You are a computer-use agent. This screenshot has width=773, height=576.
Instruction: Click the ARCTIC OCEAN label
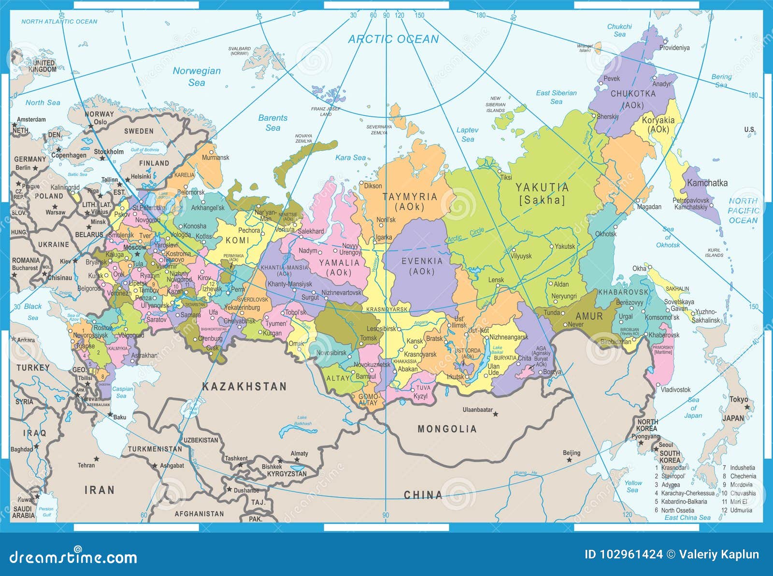[393, 39]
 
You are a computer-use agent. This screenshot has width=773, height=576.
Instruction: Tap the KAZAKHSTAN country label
[244, 387]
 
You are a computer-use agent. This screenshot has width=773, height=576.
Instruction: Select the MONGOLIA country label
[447, 429]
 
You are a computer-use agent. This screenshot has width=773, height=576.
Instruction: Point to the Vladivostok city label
[675, 389]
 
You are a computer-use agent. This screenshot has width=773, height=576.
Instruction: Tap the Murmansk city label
[215, 158]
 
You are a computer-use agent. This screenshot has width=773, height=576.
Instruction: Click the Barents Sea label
[272, 123]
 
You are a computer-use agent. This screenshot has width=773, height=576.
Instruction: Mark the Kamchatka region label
[707, 183]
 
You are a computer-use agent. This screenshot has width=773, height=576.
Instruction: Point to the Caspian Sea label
[122, 392]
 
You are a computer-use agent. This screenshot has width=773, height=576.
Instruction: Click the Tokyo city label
[738, 399]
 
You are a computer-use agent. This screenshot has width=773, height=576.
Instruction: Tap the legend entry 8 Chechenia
[739, 476]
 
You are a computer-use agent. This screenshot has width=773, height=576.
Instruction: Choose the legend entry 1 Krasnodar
[671, 467]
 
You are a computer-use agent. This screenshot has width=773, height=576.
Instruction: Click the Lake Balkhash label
[302, 420]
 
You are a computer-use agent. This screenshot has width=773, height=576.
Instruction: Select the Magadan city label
[649, 206]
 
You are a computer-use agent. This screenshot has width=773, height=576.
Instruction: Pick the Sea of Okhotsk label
[668, 237]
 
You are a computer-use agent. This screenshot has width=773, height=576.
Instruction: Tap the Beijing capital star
[570, 460]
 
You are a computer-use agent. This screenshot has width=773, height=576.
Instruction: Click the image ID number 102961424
[623, 554]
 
